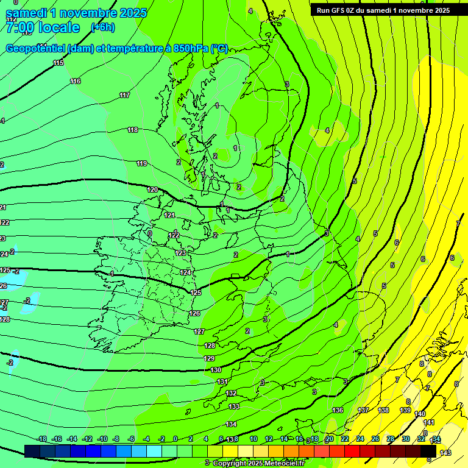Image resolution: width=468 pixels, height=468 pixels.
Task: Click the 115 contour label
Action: point(58,63)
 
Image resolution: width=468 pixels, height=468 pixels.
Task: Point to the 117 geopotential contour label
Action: point(124,95)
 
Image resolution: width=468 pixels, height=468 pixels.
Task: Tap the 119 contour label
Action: point(142,163)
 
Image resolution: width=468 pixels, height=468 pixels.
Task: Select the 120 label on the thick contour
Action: point(152,190)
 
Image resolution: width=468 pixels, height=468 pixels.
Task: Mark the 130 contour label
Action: point(216,370)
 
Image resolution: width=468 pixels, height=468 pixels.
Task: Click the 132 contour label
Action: point(231,393)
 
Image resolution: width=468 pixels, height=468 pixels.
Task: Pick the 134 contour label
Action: point(231,424)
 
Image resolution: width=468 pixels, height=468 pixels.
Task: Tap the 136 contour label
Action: point(338,410)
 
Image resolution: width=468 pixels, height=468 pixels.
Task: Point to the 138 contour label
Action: point(383,410)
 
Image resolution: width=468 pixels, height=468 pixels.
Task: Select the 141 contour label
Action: point(429,422)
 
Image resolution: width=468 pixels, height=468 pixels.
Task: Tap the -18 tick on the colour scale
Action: point(42,439)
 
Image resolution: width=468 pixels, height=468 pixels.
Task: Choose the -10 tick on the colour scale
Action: point(102,439)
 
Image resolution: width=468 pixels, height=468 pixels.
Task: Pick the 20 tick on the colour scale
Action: point(329,439)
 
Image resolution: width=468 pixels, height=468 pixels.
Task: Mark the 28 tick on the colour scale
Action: point(390,439)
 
